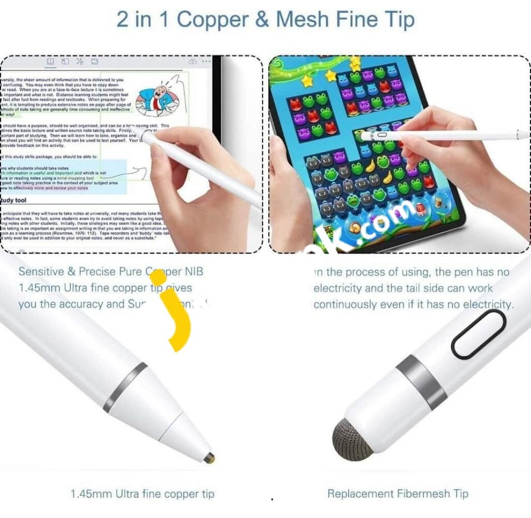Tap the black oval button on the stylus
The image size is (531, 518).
(478, 334)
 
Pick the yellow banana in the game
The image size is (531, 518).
(371, 167)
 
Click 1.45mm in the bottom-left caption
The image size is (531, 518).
(87, 494)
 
